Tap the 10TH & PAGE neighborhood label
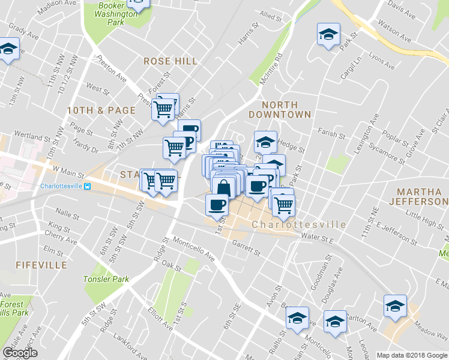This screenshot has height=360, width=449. pyautogui.click(x=92, y=110)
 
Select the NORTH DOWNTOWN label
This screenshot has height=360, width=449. pyautogui.click(x=280, y=109)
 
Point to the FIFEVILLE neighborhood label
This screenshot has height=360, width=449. pyautogui.click(x=41, y=265)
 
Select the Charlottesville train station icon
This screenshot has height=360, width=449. pyautogui.click(x=88, y=186)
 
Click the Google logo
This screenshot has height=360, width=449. pyautogui.click(x=20, y=353)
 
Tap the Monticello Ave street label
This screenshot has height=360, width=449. pyautogui.click(x=194, y=247)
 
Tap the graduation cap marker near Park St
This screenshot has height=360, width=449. pyautogui.click(x=328, y=35)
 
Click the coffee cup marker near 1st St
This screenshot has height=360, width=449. pyautogui.click(x=217, y=205)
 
